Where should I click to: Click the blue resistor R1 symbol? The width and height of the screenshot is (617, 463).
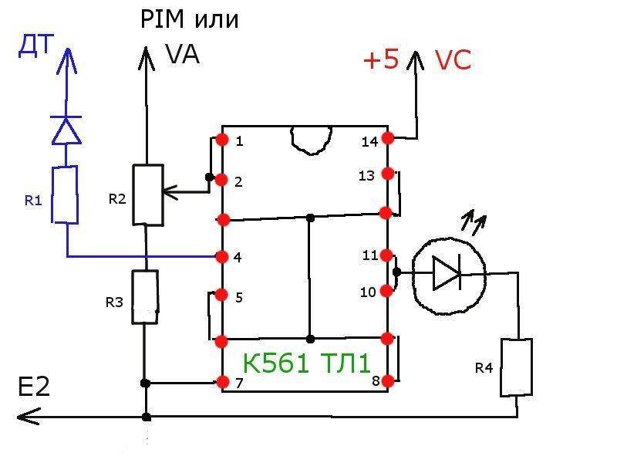point(66,195)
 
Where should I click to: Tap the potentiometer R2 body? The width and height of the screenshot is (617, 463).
point(147,194)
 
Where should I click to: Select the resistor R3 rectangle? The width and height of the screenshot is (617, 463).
point(144,297)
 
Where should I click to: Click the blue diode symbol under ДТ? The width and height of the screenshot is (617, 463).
point(66,130)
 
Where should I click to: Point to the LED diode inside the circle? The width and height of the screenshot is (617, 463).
point(447,274)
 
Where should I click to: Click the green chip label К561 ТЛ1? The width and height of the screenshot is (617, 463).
point(306,363)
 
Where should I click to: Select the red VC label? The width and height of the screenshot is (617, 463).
point(452,62)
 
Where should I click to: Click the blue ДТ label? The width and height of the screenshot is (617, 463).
point(36,47)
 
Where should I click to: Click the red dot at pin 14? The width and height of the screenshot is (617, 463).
point(387,138)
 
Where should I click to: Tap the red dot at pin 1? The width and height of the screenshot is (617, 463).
point(223,140)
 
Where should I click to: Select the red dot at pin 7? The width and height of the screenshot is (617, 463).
point(223,382)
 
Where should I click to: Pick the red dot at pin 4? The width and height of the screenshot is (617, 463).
point(223,257)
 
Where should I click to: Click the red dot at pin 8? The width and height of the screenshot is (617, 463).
point(388,380)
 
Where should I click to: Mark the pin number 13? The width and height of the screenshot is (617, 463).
point(366,176)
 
